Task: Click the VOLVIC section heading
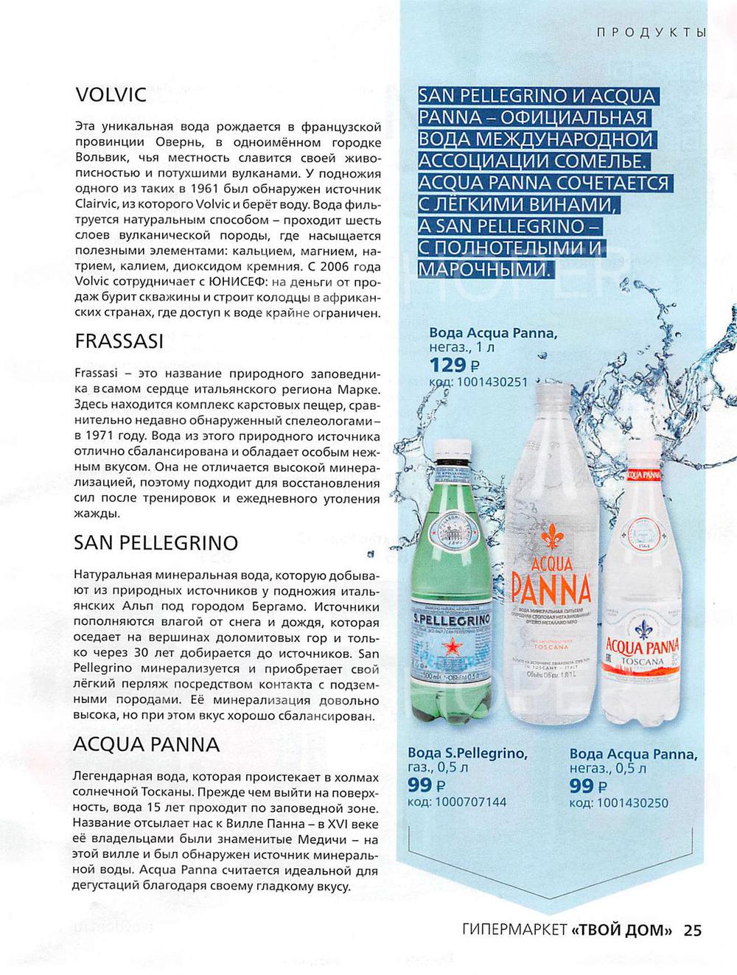click(111, 95)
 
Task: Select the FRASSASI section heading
click(119, 342)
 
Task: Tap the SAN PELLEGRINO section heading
click(156, 543)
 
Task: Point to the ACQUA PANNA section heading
click(146, 744)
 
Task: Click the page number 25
click(693, 929)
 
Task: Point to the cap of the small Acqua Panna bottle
click(643, 456)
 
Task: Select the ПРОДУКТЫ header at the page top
click(651, 32)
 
